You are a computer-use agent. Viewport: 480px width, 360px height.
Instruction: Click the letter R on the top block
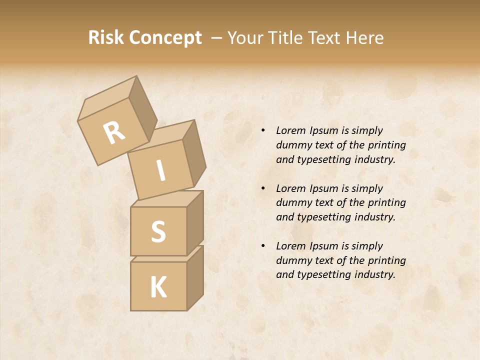[x=114, y=132]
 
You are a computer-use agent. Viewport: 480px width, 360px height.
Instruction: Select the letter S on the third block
[x=158, y=231]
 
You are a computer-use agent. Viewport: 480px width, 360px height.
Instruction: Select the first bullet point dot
[x=263, y=130]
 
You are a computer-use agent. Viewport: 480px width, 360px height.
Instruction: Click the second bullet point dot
[x=263, y=188]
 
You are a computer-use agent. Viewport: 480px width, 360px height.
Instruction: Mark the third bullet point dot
[x=263, y=246]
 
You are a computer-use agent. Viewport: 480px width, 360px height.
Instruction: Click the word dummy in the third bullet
[x=293, y=260]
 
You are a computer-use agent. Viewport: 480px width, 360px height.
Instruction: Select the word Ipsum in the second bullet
[x=324, y=188]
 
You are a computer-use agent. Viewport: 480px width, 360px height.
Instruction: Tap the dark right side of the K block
[x=195, y=277]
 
